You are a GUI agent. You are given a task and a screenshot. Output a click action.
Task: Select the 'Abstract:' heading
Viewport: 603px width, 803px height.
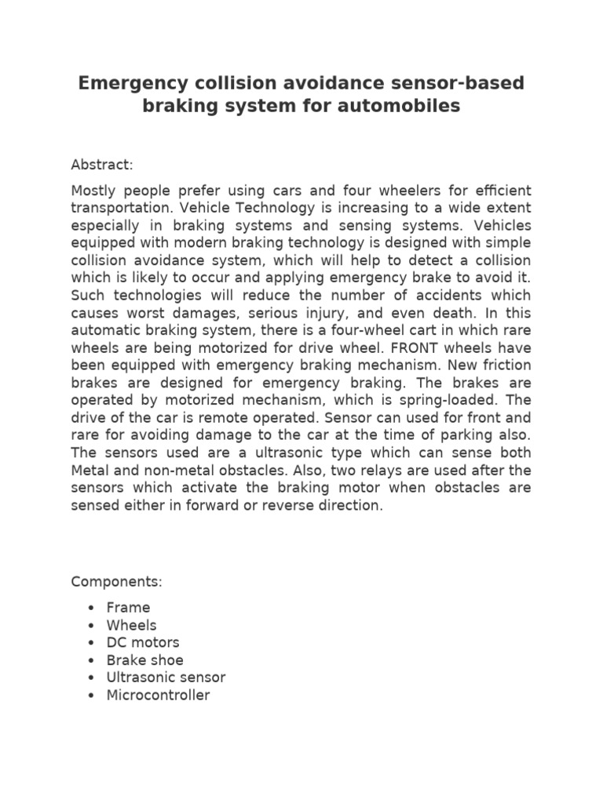[x=102, y=165]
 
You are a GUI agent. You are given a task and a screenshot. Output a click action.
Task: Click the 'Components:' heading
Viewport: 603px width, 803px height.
[x=116, y=582]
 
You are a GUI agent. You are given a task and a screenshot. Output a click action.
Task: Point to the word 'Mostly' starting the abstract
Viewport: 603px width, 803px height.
[x=93, y=191]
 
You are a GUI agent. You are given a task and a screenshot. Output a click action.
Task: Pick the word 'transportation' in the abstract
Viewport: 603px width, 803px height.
[x=120, y=209]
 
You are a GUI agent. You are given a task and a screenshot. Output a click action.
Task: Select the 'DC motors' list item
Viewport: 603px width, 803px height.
[x=143, y=642]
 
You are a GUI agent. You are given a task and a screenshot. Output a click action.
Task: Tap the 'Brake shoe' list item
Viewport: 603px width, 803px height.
[x=145, y=660]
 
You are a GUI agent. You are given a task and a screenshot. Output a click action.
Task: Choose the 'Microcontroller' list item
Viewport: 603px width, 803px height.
[x=159, y=695]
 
